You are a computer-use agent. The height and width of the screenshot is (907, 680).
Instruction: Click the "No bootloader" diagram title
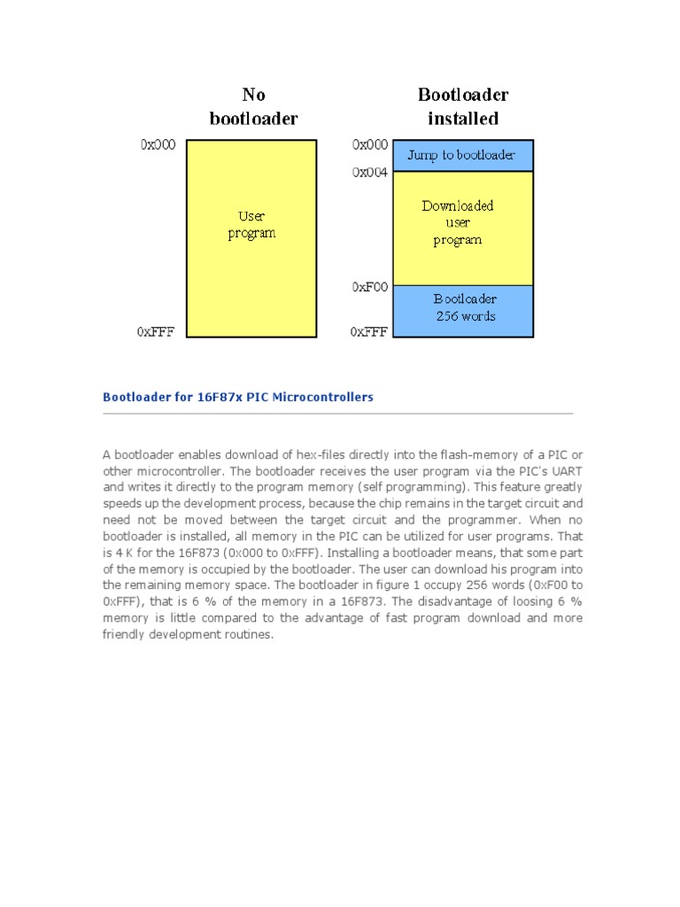coord(253,106)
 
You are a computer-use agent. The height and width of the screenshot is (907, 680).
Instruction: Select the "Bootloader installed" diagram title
coord(463,106)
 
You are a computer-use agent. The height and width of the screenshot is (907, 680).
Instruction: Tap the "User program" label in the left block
coord(252,224)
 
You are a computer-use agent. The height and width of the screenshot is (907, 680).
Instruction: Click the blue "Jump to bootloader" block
coord(461,155)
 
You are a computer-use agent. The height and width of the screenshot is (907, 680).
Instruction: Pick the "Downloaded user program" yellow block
coord(458,222)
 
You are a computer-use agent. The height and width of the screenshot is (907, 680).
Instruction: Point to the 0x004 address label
coord(370,173)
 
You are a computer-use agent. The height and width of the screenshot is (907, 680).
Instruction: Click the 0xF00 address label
coord(370,287)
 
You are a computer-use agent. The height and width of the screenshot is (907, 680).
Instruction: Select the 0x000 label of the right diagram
coord(370,144)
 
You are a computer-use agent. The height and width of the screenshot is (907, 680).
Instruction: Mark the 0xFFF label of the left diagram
coord(156,332)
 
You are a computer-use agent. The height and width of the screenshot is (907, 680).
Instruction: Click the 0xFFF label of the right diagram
coord(369,332)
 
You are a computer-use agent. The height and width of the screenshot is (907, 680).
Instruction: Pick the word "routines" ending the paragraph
coord(252,634)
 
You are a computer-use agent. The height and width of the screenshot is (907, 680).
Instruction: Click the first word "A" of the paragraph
coord(106,454)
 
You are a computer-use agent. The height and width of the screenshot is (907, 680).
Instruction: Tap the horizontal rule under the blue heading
coord(338,414)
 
